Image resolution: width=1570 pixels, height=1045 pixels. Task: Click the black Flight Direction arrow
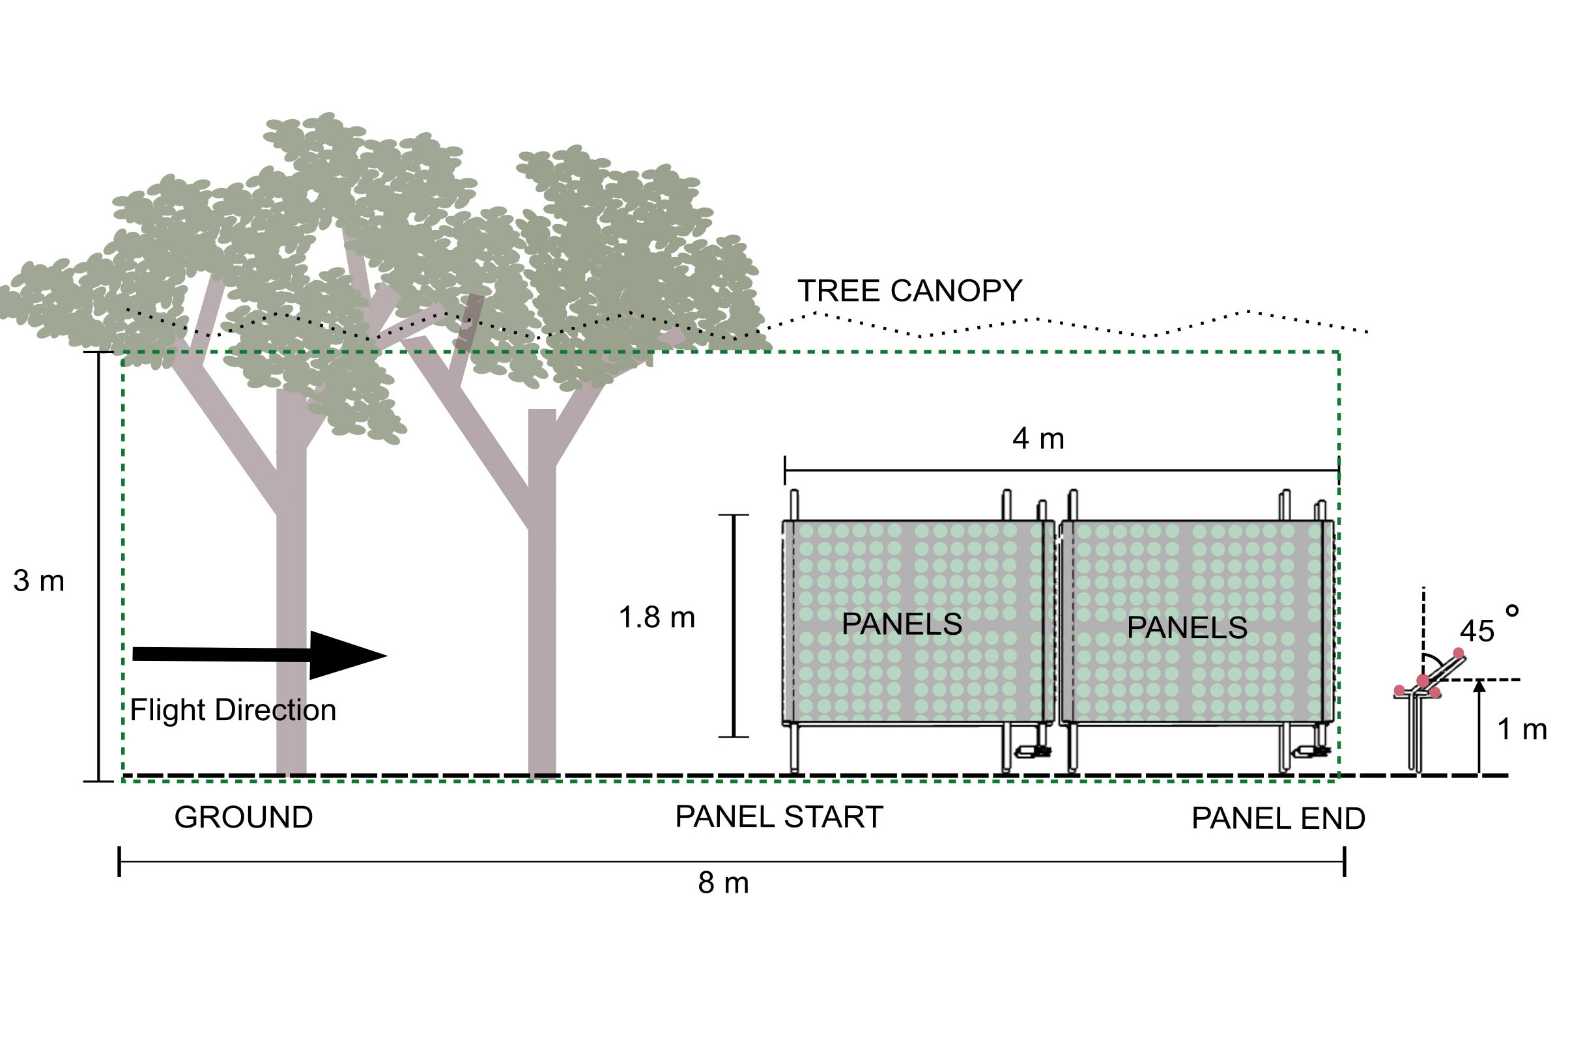pos(260,655)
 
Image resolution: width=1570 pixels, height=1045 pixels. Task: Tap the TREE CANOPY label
pos(909,290)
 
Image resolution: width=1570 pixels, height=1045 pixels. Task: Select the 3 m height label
pos(38,581)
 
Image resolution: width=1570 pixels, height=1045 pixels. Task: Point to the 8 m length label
pos(723,883)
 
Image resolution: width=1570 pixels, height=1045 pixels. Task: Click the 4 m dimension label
pos(1038,439)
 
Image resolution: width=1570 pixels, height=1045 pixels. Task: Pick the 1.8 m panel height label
pos(657,617)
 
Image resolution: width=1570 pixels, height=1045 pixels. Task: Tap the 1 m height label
pos(1522,729)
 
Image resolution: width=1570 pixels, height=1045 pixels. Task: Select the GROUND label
pos(244,818)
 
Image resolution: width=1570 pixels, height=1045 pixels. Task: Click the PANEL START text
pos(778,817)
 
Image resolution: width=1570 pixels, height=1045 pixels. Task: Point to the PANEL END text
pos(1278,818)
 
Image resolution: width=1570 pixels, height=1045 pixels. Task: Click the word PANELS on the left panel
pos(902,624)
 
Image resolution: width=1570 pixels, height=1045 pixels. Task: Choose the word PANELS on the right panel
pos(1187,627)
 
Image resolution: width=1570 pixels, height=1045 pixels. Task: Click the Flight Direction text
pos(233,710)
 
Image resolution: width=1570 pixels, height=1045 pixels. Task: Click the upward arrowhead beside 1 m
pos(1479,684)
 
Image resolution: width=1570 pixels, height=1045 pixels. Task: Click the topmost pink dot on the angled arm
pos(1459,653)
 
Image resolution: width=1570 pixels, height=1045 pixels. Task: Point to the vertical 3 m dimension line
pos(99,566)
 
